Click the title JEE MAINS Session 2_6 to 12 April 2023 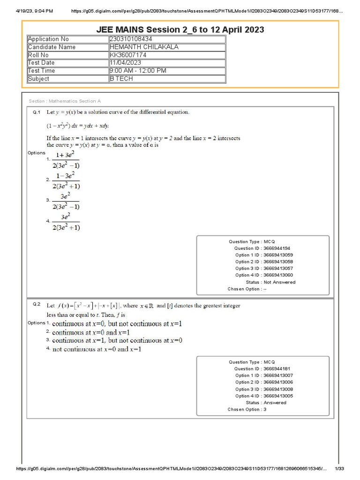pyautogui.click(x=180, y=30)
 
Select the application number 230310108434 pyautogui.click(x=131, y=39)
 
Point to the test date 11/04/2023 pyautogui.click(x=125, y=63)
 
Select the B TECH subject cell pyautogui.click(x=121, y=79)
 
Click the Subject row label pyautogui.click(x=38, y=79)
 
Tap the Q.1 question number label pyautogui.click(x=37, y=112)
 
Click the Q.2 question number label pyautogui.click(x=37, y=304)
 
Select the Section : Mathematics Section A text pyautogui.click(x=65, y=101)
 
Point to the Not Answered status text pyautogui.click(x=279, y=282)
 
